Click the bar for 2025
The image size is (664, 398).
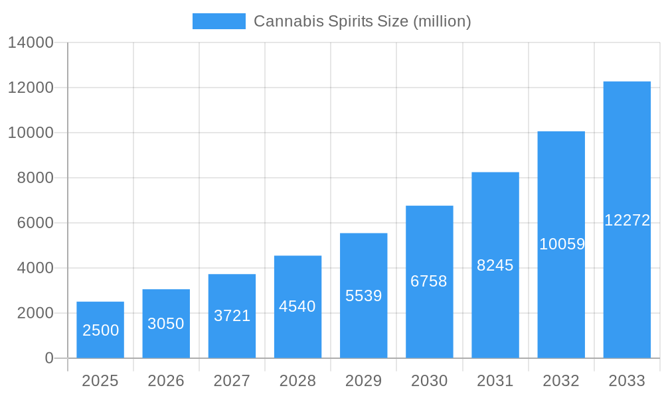coord(100,330)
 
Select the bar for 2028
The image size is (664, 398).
coord(297,306)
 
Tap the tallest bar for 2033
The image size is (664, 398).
coord(627,220)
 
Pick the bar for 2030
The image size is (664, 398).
coord(429,281)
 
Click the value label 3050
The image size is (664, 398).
coord(166,324)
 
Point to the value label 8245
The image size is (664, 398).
coord(495,265)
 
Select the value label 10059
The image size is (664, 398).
coord(562,244)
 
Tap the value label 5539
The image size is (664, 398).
coord(364,296)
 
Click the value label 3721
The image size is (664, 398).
coord(232,316)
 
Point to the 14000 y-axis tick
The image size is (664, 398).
coord(31,42)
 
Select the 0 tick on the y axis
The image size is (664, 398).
coord(49,358)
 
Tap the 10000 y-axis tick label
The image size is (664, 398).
coord(31,133)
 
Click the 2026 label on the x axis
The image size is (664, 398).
coord(166,381)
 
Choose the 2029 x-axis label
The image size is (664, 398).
coord(364,381)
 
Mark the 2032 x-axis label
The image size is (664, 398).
coord(561,381)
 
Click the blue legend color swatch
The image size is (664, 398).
coord(219,21)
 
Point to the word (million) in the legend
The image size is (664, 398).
coord(442,21)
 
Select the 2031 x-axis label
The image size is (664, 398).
coord(495,381)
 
